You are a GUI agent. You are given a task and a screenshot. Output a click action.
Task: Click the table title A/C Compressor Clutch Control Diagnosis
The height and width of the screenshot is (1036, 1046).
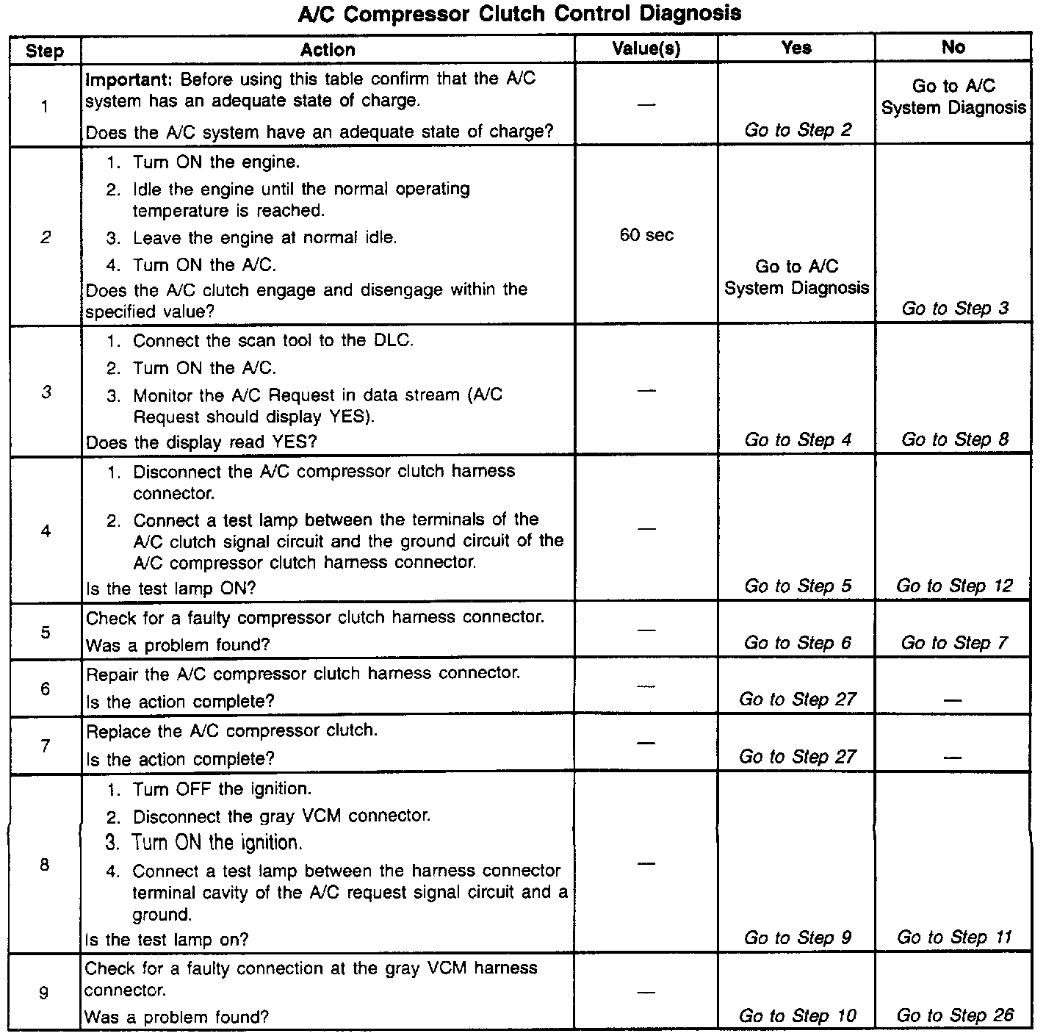(519, 14)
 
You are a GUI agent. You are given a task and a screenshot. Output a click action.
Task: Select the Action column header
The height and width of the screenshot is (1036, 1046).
(328, 50)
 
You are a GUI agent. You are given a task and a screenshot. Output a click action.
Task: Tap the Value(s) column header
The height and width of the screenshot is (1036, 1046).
(646, 49)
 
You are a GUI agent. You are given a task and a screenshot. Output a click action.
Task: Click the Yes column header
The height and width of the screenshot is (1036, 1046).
(796, 48)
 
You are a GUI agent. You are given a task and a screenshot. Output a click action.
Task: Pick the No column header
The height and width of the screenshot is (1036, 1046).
(953, 48)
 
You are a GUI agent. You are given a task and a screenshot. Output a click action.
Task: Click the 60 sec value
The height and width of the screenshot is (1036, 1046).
(646, 236)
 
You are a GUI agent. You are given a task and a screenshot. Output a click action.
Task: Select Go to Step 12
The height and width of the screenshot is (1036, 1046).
(953, 586)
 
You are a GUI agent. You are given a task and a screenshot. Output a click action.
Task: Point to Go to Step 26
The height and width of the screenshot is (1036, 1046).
(954, 1015)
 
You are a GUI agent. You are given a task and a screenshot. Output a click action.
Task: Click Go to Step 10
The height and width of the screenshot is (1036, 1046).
(797, 1015)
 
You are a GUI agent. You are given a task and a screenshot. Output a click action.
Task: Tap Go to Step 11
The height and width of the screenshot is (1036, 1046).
(953, 938)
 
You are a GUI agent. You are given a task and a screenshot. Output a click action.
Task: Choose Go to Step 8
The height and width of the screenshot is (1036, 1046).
(954, 439)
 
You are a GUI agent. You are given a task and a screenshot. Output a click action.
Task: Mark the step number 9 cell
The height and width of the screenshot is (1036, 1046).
(44, 993)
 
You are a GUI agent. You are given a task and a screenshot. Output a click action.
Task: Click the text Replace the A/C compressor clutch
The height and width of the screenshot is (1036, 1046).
(232, 731)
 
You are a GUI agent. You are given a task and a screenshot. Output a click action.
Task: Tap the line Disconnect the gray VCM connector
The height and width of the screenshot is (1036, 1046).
(281, 816)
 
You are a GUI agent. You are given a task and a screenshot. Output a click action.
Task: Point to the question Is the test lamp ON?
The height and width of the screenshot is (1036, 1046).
(170, 589)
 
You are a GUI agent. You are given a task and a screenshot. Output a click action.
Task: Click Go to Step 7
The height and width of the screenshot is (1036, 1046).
(954, 643)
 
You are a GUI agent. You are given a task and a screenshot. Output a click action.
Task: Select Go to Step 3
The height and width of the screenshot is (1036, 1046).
(954, 309)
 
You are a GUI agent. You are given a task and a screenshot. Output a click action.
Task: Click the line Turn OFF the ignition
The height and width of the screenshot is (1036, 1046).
(222, 789)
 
